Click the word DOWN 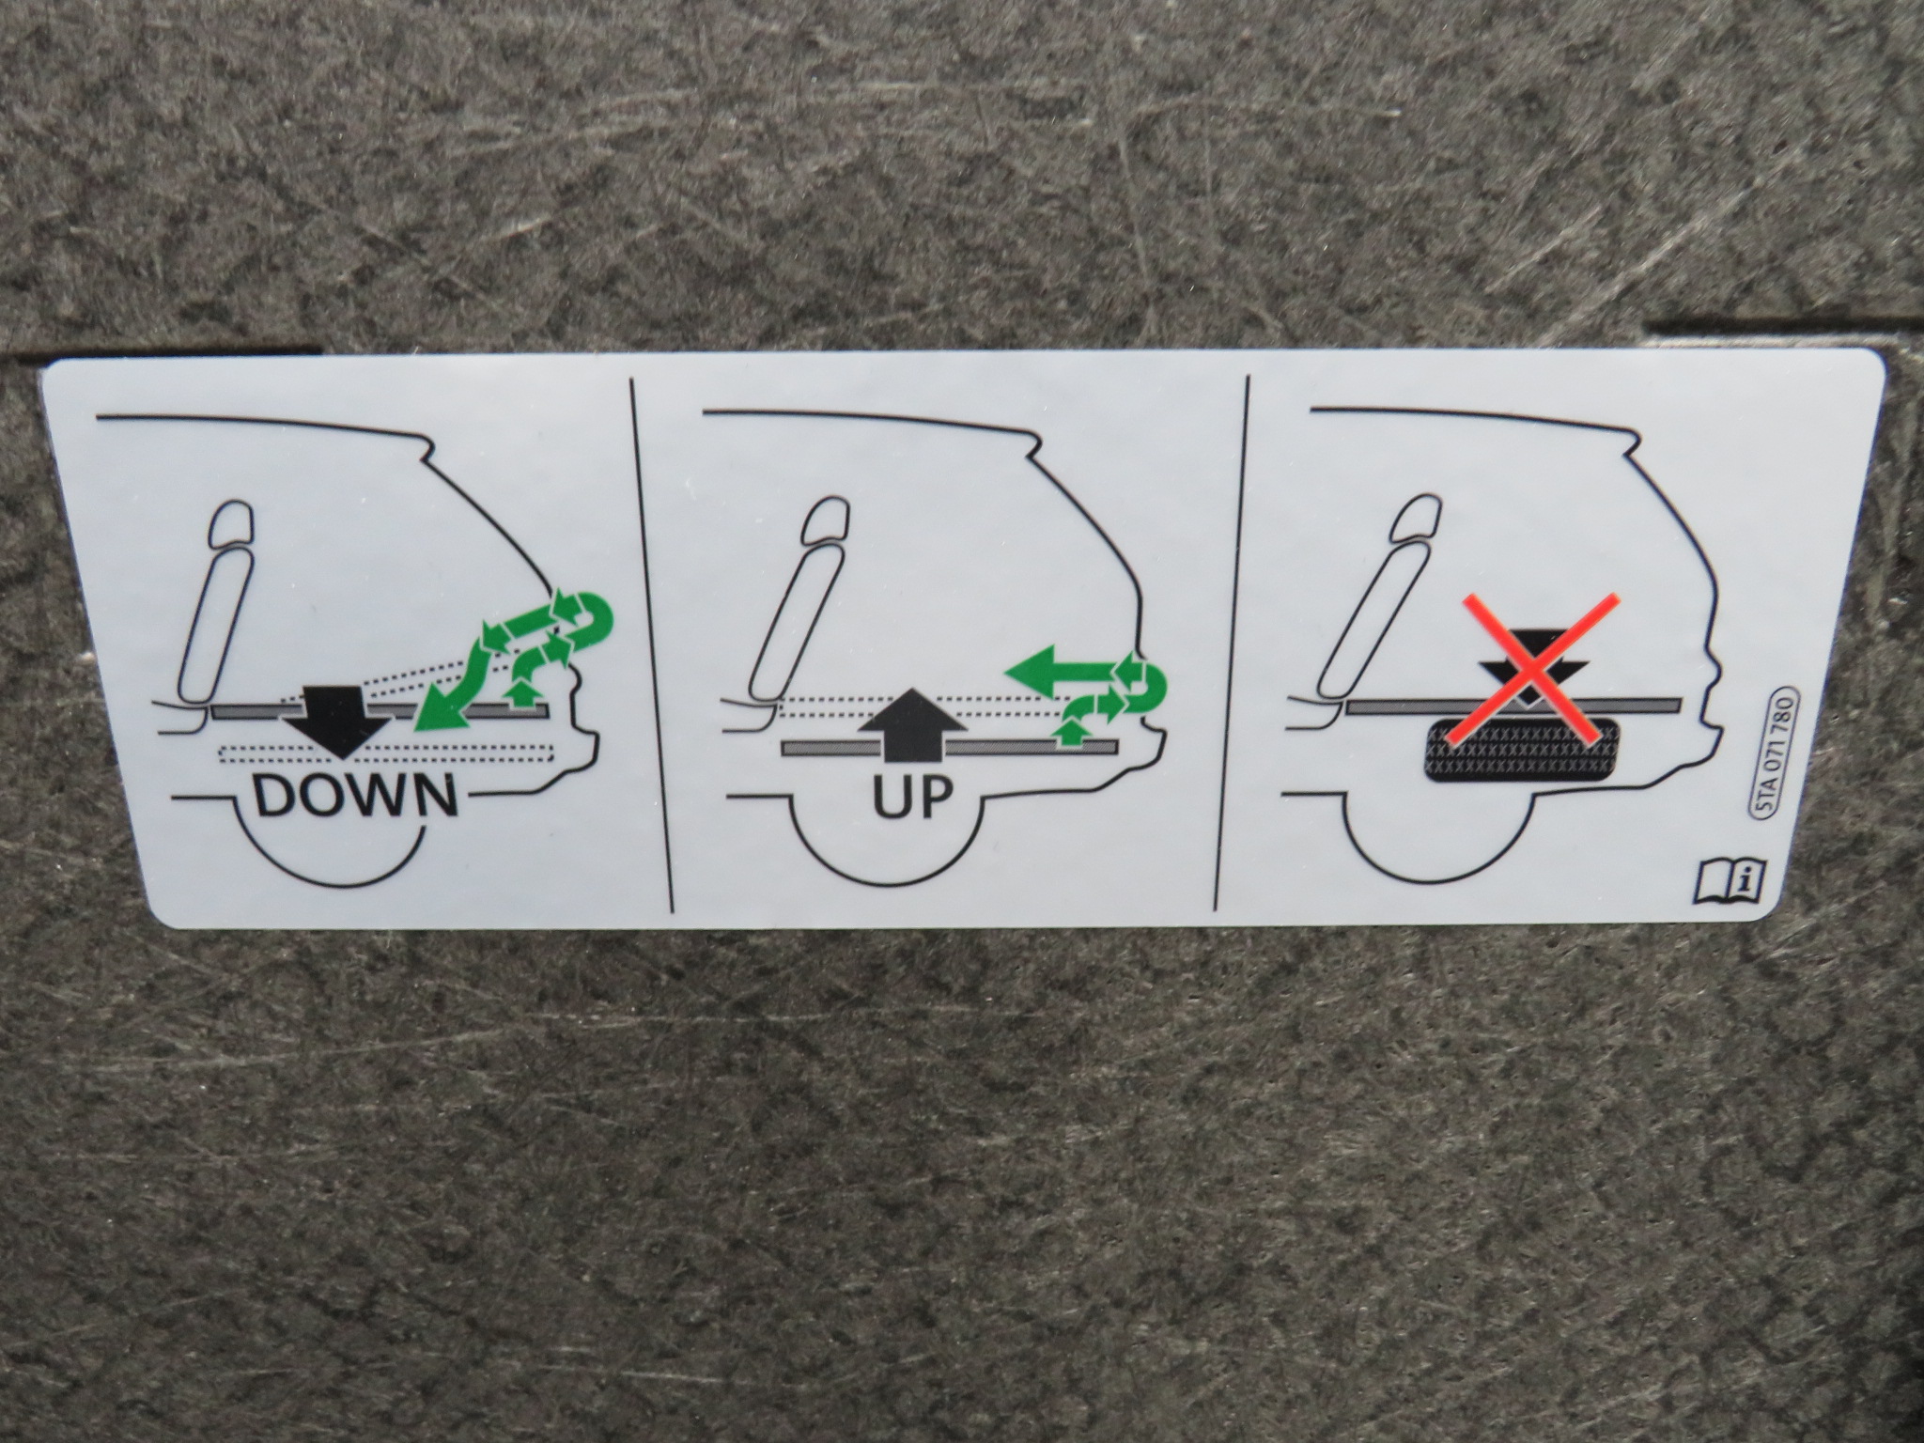point(356,797)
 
